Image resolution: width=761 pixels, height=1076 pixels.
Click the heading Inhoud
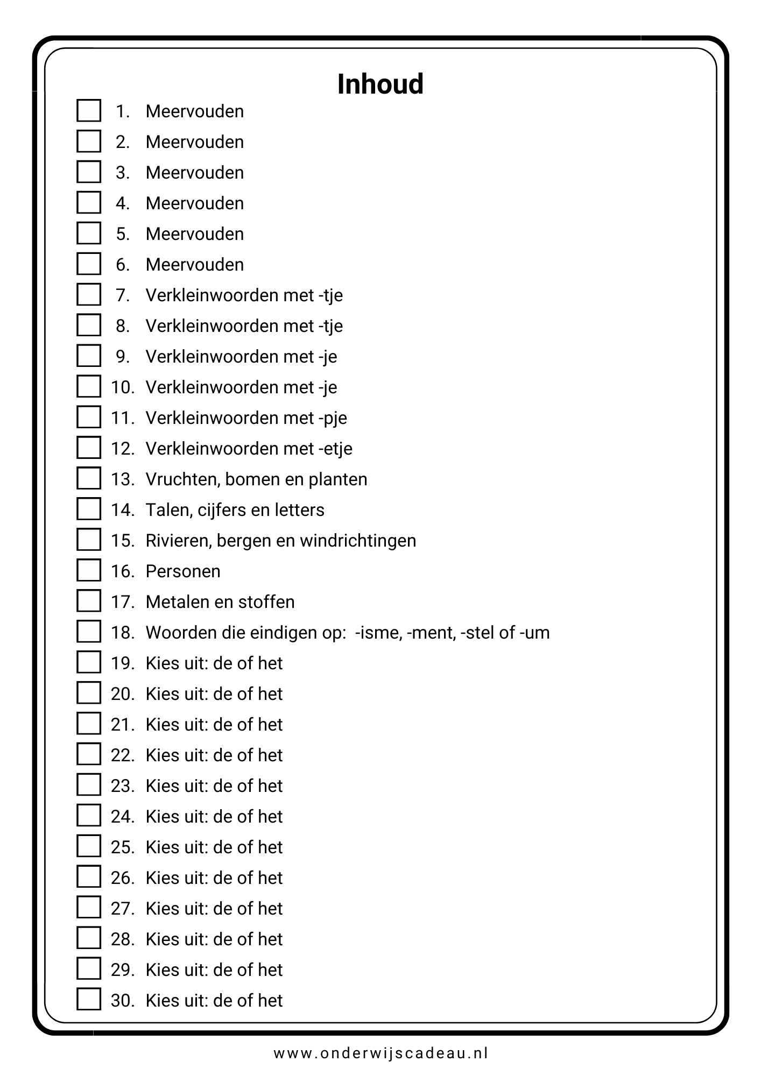pyautogui.click(x=380, y=84)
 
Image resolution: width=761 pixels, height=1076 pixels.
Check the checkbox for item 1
pyautogui.click(x=89, y=111)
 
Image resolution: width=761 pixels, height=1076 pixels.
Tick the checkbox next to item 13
pyautogui.click(x=89, y=479)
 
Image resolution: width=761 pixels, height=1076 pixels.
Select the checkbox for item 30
pyautogui.click(x=89, y=1000)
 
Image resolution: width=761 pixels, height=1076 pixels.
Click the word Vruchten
pyautogui.click(x=181, y=479)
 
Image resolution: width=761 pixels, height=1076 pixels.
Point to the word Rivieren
pyautogui.click(x=180, y=540)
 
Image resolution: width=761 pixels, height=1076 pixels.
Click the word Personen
pyautogui.click(x=183, y=571)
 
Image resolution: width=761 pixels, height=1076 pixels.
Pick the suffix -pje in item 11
pyautogui.click(x=332, y=418)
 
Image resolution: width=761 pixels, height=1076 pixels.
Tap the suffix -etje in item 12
pyautogui.click(x=335, y=449)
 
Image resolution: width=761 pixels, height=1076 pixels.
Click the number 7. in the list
pyautogui.click(x=123, y=295)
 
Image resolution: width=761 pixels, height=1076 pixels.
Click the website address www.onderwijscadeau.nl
pyautogui.click(x=380, y=1053)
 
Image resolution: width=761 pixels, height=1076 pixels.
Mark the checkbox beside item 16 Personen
pyautogui.click(x=89, y=571)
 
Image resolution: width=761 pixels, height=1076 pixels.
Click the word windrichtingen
pyautogui.click(x=358, y=540)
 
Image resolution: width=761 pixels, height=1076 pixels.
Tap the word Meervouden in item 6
pyautogui.click(x=195, y=265)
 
